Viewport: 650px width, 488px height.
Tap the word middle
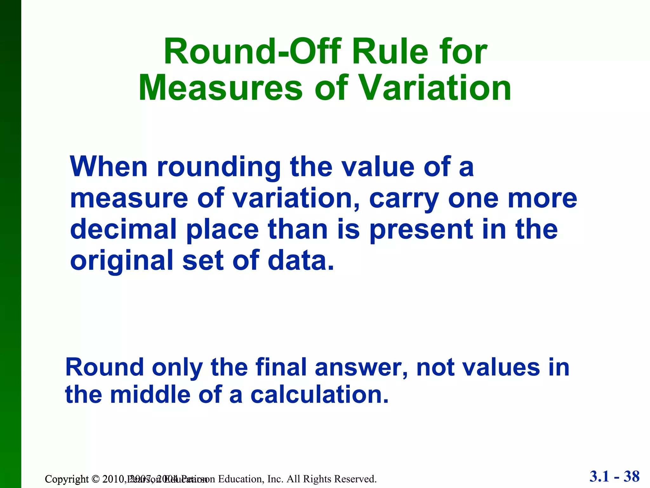(x=150, y=395)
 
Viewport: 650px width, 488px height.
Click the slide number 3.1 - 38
(x=614, y=477)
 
